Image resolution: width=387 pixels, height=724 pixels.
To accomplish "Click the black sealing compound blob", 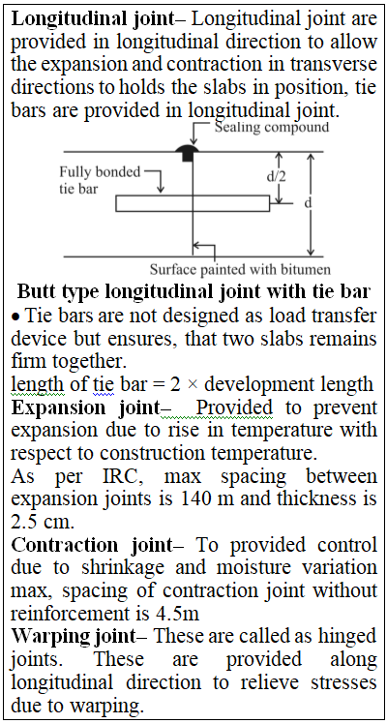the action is [187, 151].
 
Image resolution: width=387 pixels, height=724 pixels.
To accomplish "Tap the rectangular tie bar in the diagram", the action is [193, 203].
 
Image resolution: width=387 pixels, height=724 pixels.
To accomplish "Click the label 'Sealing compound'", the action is [272, 127].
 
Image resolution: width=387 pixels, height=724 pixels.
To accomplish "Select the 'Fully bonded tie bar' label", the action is [100, 180].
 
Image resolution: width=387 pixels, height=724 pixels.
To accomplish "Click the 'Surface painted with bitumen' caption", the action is [240, 269].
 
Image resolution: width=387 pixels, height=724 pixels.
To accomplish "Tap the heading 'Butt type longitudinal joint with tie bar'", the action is [193, 291].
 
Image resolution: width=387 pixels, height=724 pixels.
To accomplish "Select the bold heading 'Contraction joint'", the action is [91, 545].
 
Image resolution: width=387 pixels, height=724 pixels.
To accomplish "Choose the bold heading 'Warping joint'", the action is [74, 637].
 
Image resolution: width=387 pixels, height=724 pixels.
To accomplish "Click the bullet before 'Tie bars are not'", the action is [15, 317].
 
